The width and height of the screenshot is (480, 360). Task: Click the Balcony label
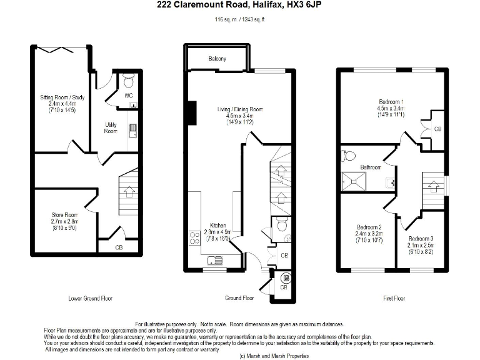[217, 59]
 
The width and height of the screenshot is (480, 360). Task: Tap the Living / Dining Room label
[240, 109]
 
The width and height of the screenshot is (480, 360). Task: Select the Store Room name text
[64, 214]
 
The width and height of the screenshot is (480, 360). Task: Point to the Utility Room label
[111, 128]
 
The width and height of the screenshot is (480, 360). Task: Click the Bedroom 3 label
[421, 239]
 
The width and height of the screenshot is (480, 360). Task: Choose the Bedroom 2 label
[369, 227]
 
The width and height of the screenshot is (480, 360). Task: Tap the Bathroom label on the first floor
[371, 167]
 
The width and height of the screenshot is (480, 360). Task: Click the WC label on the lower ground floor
[129, 96]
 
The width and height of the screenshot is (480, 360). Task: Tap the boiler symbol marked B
[286, 277]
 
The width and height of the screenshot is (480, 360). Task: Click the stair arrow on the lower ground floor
[129, 192]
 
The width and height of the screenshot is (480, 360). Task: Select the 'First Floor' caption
[394, 299]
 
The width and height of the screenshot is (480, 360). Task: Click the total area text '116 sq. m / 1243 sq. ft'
[240, 20]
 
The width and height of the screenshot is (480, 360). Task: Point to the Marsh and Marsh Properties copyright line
[274, 356]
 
